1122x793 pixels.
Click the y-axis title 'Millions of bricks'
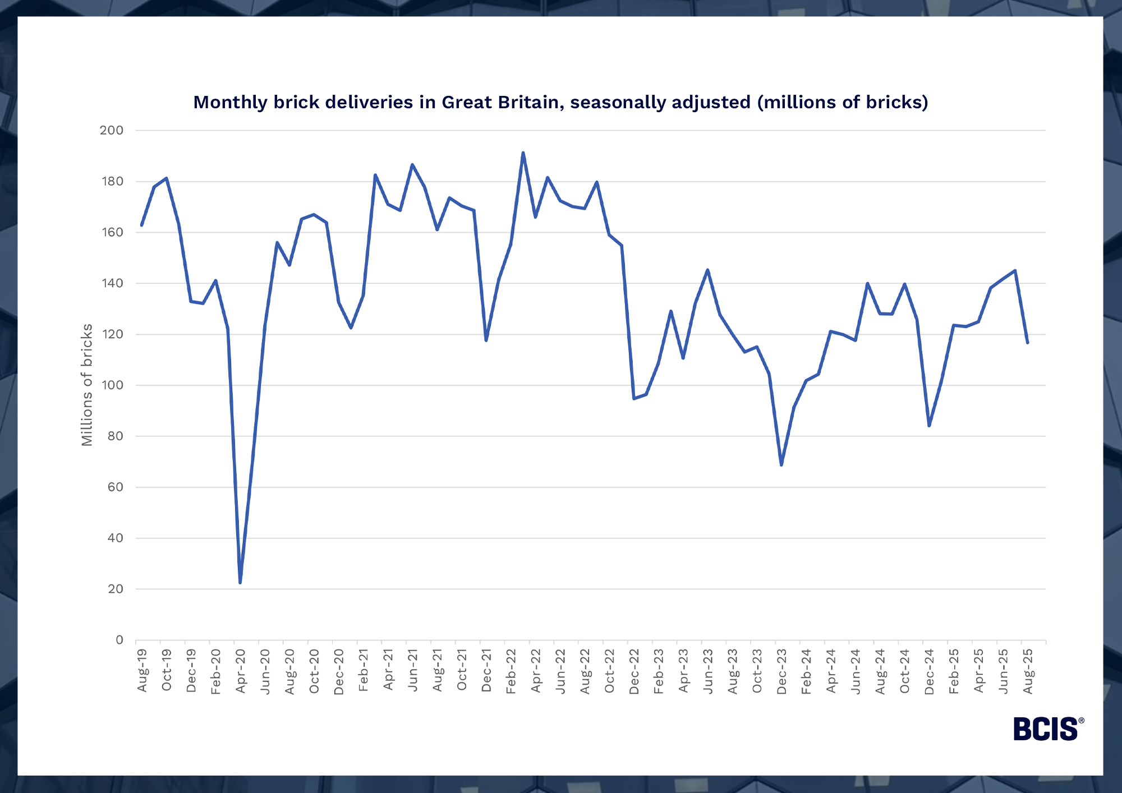pos(87,385)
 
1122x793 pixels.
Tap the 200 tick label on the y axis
pos(112,130)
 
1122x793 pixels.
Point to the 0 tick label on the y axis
pos(119,640)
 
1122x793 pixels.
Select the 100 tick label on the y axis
pos(112,385)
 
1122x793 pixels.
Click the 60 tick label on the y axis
pos(115,487)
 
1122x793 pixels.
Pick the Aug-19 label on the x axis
pos(142,670)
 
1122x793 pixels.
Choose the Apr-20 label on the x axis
pos(241,671)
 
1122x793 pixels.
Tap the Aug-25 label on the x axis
pos(1028,671)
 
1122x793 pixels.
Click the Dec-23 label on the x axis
pos(781,671)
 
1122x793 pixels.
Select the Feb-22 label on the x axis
pos(511,671)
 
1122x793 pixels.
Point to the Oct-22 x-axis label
pos(609,671)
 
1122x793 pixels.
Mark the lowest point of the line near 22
pos(240,583)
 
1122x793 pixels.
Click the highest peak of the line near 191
pos(523,153)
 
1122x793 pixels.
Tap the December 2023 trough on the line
pos(781,465)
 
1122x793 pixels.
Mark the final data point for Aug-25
pos(1027,343)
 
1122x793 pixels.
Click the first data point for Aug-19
pos(142,225)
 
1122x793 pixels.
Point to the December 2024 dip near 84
pos(929,426)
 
